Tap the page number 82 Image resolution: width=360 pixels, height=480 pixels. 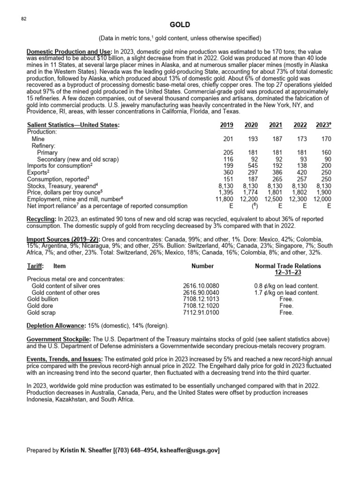(23, 19)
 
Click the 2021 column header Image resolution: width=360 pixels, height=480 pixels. (276, 125)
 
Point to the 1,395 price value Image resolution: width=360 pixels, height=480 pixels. (226, 192)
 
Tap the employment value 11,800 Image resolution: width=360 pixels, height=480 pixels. (225, 199)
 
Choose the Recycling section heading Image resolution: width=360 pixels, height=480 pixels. (41, 219)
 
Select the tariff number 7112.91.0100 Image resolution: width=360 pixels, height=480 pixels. (201, 312)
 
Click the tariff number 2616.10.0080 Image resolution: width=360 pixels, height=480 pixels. (201, 286)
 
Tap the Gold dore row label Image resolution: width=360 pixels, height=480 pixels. (41, 306)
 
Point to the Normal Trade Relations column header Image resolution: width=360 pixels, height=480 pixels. (288, 266)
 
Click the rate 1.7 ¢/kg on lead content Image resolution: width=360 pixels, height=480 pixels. (286, 292)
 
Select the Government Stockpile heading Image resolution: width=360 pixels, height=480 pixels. (59, 339)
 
